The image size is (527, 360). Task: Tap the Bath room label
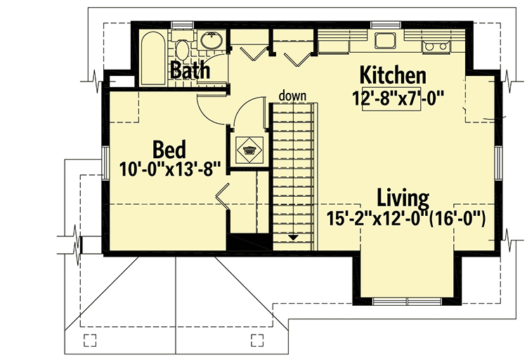(x=190, y=70)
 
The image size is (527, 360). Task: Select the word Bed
(x=169, y=150)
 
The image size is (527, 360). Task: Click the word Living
(x=403, y=197)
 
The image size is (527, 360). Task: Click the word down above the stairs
(x=291, y=95)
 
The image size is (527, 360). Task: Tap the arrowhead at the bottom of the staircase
(x=291, y=238)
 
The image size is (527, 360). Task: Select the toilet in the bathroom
(x=182, y=50)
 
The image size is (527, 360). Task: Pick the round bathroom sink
(x=211, y=40)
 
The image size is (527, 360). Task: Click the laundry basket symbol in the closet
(x=249, y=149)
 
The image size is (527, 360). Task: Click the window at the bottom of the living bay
(x=408, y=301)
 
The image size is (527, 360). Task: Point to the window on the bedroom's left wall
(x=105, y=161)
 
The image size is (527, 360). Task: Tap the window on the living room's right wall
(x=497, y=161)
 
